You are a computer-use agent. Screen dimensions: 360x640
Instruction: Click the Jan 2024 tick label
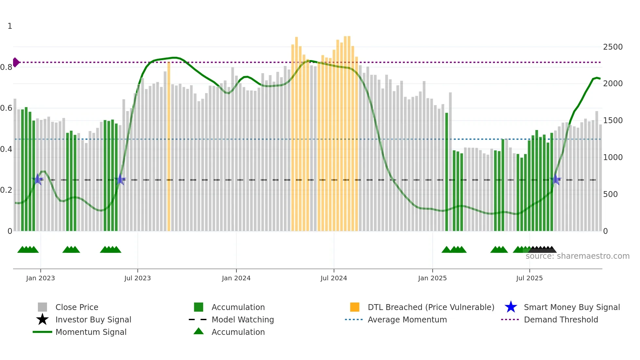(236, 278)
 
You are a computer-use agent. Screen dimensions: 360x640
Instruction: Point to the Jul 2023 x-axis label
(137, 278)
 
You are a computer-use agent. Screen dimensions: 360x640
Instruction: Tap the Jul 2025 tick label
(529, 278)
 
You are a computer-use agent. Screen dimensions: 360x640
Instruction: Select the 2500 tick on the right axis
(613, 47)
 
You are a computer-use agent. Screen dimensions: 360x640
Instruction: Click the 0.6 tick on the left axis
(6, 108)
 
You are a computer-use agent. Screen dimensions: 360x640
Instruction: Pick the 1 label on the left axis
(10, 26)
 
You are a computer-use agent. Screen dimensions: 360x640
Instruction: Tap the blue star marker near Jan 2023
(38, 179)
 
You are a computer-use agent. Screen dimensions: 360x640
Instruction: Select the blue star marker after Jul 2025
(555, 179)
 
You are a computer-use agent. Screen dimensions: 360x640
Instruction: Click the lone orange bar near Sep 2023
(169, 147)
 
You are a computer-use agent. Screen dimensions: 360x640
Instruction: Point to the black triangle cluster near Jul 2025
(542, 250)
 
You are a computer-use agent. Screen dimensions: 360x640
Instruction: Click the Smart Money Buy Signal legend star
(511, 307)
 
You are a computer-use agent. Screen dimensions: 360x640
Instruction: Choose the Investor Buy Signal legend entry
(93, 319)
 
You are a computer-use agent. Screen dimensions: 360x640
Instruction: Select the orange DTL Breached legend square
(355, 307)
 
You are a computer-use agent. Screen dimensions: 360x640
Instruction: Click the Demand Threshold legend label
(561, 319)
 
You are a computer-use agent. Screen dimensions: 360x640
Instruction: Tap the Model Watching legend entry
(242, 319)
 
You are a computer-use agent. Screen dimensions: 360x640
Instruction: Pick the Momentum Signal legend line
(42, 332)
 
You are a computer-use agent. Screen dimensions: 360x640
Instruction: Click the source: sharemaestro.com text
(577, 256)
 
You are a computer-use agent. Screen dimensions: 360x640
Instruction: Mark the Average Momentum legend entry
(407, 319)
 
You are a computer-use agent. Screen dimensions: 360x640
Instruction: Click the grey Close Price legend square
(42, 307)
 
